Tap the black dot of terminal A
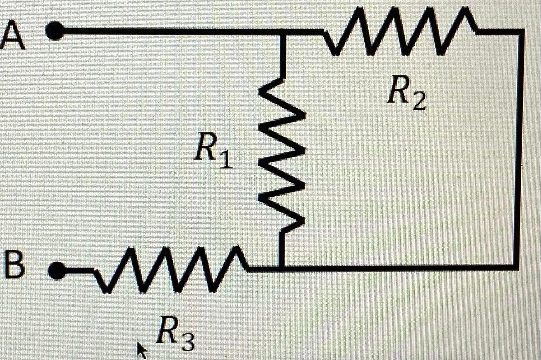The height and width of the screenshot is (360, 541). tap(55, 32)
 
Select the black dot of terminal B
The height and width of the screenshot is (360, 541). tap(57, 270)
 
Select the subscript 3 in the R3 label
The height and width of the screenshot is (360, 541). tap(187, 341)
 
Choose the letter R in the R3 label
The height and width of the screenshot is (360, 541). tap(167, 333)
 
